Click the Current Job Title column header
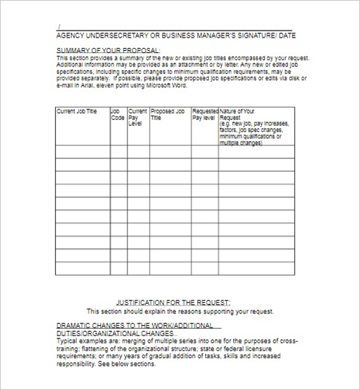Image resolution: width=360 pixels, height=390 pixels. [76, 112]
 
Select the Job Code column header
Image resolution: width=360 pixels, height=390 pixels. [118, 115]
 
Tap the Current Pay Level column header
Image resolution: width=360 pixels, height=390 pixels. [137, 117]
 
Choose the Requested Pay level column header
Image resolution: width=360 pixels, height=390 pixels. [204, 115]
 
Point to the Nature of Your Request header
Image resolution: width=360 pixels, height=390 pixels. [237, 112]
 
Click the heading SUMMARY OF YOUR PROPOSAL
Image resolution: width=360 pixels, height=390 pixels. [108, 50]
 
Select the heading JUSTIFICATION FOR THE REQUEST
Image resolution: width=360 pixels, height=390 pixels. [173, 303]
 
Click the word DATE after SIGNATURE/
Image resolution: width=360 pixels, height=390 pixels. [286, 35]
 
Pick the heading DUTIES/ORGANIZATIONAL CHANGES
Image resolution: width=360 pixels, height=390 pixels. [115, 332]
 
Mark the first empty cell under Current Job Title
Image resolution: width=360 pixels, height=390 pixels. [83, 152]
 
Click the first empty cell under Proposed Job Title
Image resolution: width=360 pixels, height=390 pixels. [170, 152]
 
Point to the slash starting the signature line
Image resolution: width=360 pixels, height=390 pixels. [58, 27]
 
